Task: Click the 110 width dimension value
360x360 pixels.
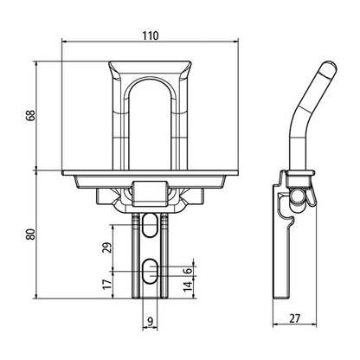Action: (151, 37)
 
